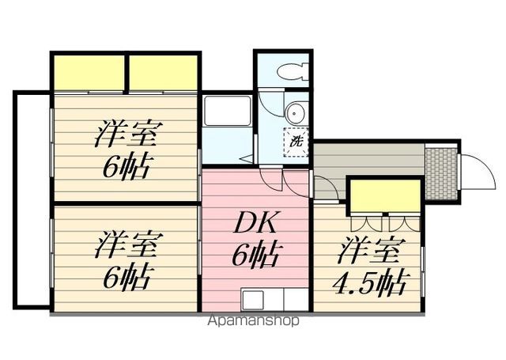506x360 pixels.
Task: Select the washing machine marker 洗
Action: click(296, 142)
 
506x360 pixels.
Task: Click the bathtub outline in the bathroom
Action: click(228, 112)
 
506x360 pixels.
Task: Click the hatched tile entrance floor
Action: click(441, 172)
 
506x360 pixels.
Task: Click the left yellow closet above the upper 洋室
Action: click(89, 74)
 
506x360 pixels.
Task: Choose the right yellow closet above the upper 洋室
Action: click(163, 74)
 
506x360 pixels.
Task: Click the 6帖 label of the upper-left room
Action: click(126, 167)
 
